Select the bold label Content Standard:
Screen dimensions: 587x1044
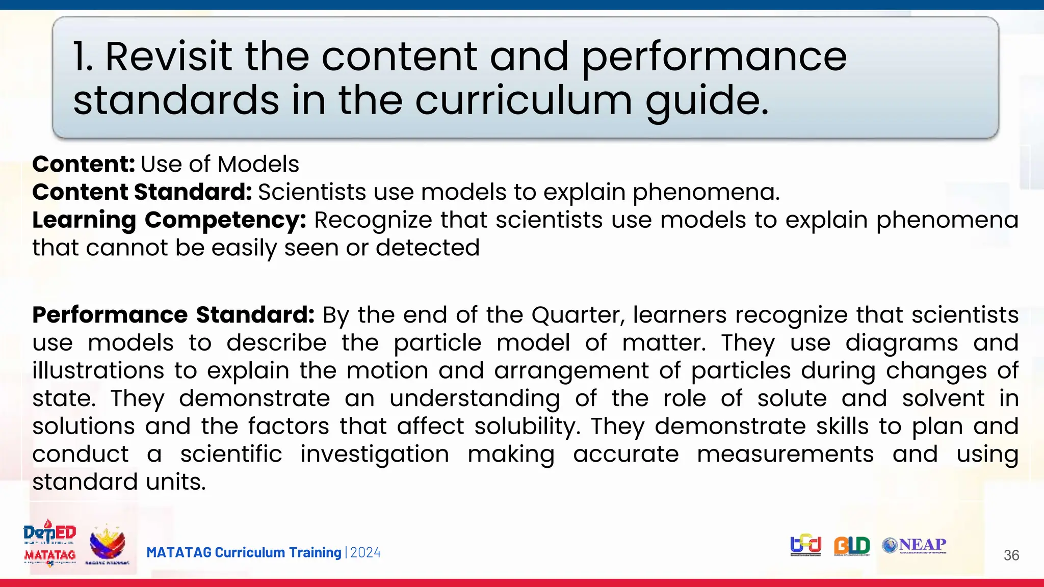142,192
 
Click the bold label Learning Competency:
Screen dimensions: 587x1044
169,220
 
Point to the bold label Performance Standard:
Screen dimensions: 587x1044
173,315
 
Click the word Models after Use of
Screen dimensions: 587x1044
258,165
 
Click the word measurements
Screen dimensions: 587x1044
785,454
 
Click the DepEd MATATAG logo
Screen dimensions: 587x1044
49,543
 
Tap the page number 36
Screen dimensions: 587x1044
1011,555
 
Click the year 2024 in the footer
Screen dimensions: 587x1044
366,552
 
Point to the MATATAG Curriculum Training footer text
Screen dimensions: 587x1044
244,552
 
